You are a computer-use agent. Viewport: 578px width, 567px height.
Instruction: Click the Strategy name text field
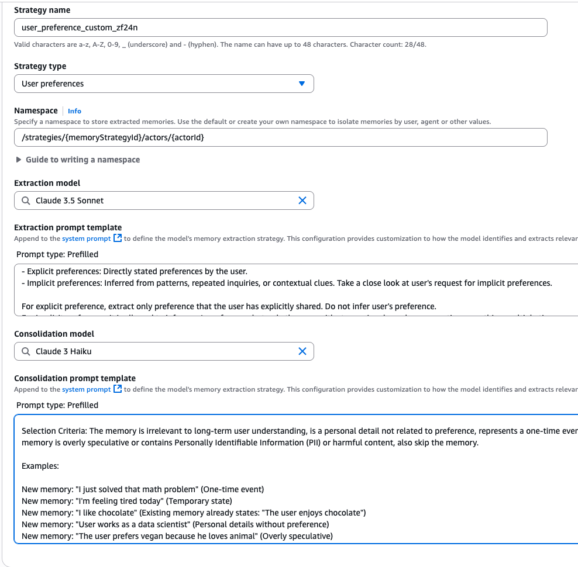click(x=280, y=27)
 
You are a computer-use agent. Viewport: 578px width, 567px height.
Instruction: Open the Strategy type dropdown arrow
click(x=302, y=84)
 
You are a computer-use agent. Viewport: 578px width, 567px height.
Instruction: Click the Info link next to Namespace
click(x=74, y=111)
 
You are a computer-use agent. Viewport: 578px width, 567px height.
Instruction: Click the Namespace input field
click(x=280, y=137)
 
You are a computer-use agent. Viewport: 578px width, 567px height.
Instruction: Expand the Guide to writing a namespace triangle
click(x=19, y=160)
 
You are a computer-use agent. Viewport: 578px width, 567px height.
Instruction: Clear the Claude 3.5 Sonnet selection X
click(x=302, y=200)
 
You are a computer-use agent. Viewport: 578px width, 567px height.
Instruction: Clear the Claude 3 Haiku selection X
click(x=302, y=351)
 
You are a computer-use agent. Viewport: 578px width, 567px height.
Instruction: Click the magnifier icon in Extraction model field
click(x=26, y=200)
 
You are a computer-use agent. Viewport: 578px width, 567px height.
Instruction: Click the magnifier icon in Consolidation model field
click(x=26, y=351)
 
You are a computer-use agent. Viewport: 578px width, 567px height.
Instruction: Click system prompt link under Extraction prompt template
click(x=86, y=238)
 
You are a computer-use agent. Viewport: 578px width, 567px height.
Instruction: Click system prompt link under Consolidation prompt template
click(x=86, y=389)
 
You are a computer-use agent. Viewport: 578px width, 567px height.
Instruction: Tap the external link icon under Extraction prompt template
click(x=118, y=238)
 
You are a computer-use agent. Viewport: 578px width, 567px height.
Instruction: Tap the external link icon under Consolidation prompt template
click(x=118, y=389)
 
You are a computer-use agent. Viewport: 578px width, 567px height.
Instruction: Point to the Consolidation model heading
click(x=54, y=334)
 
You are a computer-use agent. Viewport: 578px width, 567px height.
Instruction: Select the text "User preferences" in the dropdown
click(x=53, y=84)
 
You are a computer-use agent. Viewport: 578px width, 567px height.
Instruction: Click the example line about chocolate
click(x=193, y=513)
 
